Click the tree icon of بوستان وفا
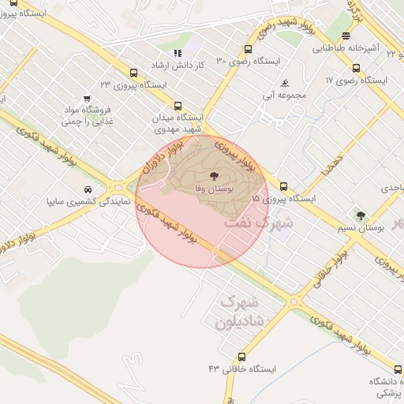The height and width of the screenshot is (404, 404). (x=215, y=175)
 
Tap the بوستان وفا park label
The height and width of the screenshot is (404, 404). (x=215, y=189)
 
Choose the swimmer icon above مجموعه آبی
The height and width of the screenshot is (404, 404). (x=285, y=83)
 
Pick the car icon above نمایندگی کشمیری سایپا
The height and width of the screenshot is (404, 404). (x=87, y=190)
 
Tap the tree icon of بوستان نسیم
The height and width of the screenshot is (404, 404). (x=361, y=215)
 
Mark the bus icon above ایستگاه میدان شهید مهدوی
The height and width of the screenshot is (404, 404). (x=177, y=105)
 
